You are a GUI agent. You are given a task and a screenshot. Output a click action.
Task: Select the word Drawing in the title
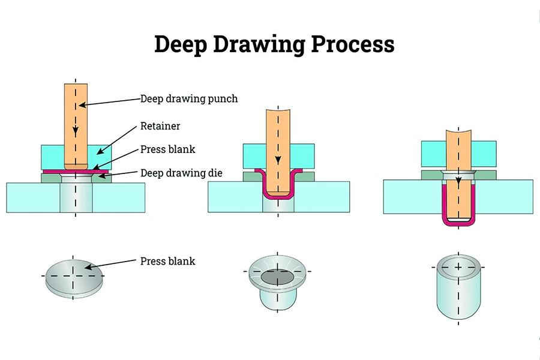pos(260,45)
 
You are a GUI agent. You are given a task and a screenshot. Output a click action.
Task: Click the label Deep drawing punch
pos(189,99)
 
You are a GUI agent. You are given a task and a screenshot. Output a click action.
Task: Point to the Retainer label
pos(160,126)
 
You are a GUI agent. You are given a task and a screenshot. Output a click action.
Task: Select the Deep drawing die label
pos(181,173)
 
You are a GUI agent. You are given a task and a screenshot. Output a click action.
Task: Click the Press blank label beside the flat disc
pos(167,261)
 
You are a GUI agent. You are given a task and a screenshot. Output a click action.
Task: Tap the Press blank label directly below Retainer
pos(167,149)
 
